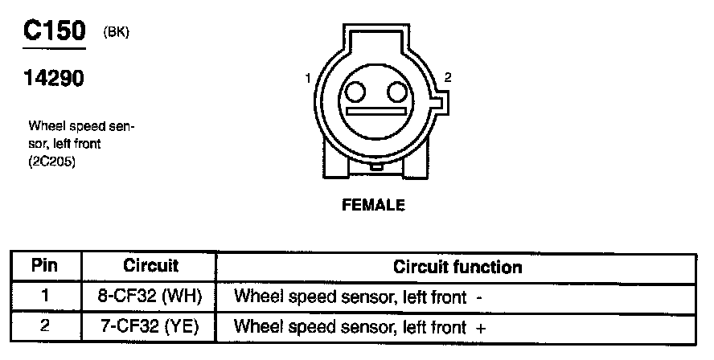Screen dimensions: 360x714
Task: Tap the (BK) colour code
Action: pos(117,32)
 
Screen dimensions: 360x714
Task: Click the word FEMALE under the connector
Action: pos(374,205)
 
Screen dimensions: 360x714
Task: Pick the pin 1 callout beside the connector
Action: pos(308,79)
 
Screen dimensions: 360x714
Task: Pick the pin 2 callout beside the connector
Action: pos(448,78)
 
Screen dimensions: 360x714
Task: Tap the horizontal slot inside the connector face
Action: pos(375,110)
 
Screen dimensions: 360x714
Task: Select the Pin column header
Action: pos(45,265)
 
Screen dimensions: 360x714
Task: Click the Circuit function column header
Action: pos(458,266)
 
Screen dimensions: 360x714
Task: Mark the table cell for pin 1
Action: pos(45,296)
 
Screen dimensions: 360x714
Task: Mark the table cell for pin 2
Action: pos(45,327)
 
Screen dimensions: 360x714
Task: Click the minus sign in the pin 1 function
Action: pos(479,297)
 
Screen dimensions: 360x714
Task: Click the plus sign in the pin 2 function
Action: pos(481,328)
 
